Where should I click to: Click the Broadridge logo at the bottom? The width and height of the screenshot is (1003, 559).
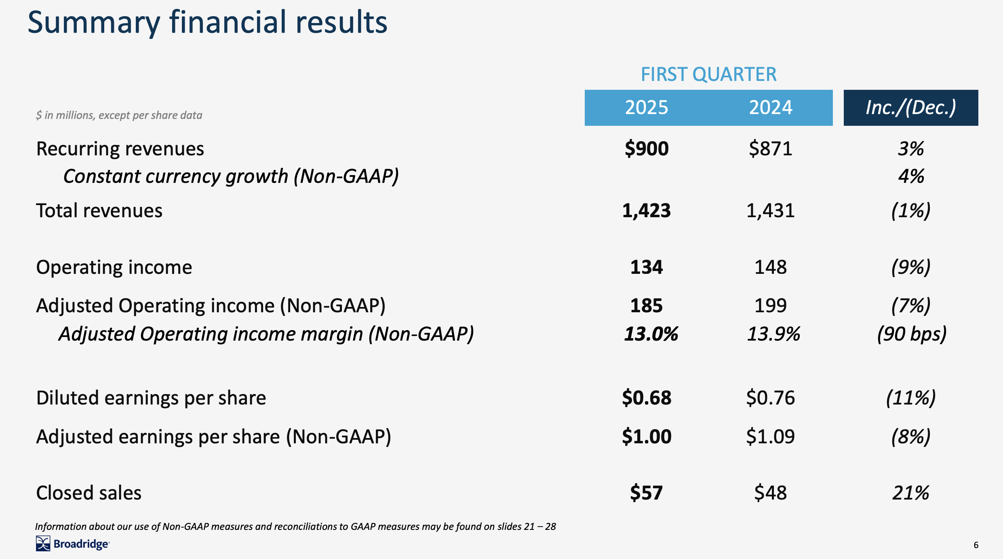pyautogui.click(x=73, y=544)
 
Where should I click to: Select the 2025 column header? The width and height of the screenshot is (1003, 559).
pyautogui.click(x=646, y=108)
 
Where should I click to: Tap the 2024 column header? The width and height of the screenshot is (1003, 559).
pyautogui.click(x=770, y=108)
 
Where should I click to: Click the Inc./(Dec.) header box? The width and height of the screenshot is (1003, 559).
pyautogui.click(x=910, y=108)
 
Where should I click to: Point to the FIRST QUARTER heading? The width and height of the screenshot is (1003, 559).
pyautogui.click(x=708, y=74)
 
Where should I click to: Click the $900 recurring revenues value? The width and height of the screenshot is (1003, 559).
pyautogui.click(x=646, y=148)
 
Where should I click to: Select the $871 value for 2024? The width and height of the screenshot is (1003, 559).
pyautogui.click(x=770, y=148)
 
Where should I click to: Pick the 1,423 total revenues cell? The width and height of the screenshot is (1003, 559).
pyautogui.click(x=646, y=211)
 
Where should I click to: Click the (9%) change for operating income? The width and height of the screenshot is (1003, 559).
pyautogui.click(x=910, y=267)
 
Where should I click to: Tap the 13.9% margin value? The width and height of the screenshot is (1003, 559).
pyautogui.click(x=773, y=334)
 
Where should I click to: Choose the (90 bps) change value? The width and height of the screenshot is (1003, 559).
pyautogui.click(x=911, y=334)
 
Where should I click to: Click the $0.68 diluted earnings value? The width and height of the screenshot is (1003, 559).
pyautogui.click(x=646, y=398)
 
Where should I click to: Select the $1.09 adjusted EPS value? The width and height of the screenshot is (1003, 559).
pyautogui.click(x=770, y=436)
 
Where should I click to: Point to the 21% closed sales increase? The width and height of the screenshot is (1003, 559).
pyautogui.click(x=910, y=493)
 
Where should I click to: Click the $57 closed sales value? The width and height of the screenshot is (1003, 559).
pyautogui.click(x=646, y=493)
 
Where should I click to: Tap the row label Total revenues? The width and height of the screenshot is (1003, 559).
pyautogui.click(x=99, y=211)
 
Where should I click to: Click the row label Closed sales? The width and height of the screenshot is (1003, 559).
pyautogui.click(x=88, y=493)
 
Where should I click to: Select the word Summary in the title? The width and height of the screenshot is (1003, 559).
pyautogui.click(x=94, y=23)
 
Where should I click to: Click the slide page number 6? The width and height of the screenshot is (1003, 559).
pyautogui.click(x=976, y=545)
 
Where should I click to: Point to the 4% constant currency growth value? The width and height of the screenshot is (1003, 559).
pyautogui.click(x=911, y=176)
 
